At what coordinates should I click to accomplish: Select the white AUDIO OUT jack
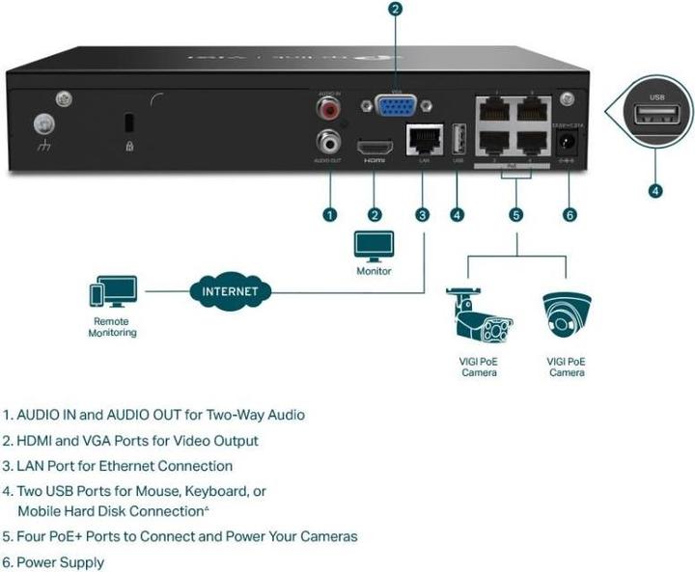pyautogui.click(x=330, y=142)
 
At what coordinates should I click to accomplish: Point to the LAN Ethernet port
pyautogui.click(x=422, y=140)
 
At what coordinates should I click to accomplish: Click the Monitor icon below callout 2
pyautogui.click(x=373, y=247)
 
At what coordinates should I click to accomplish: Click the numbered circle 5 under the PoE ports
pyautogui.click(x=516, y=214)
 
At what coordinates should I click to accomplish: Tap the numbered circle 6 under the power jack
pyautogui.click(x=570, y=214)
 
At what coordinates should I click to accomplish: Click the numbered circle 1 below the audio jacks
pyautogui.click(x=330, y=214)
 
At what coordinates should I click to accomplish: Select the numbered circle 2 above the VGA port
pyautogui.click(x=394, y=11)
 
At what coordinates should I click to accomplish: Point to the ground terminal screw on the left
pyautogui.click(x=42, y=124)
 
